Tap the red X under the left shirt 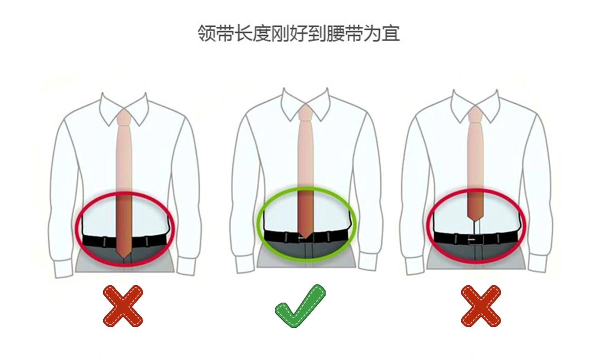(x=123, y=306)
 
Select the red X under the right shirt (x=481, y=306)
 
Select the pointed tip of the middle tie (x=305, y=237)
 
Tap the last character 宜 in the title (x=390, y=34)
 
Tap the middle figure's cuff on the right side (x=368, y=264)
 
